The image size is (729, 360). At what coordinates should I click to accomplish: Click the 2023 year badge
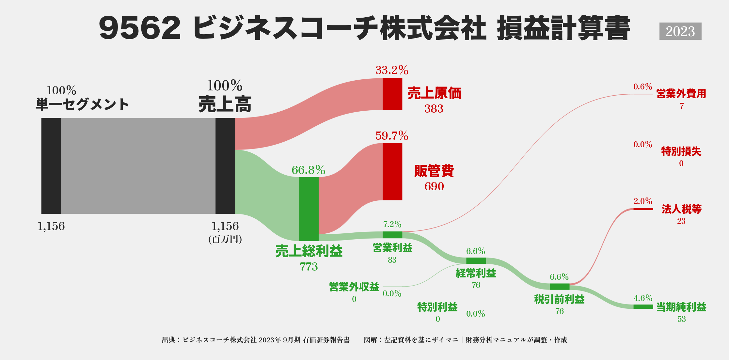[680, 31]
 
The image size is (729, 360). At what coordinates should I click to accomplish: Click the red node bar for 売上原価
[392, 94]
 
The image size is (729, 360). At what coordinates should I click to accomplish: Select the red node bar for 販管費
[392, 172]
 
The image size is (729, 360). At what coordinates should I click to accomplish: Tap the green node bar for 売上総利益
[309, 209]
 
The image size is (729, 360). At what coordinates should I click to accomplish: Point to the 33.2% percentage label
[392, 70]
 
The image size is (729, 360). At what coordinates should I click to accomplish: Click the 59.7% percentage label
[392, 136]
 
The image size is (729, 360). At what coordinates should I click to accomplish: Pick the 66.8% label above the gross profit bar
[308, 170]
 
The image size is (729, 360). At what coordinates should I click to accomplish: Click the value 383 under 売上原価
[434, 109]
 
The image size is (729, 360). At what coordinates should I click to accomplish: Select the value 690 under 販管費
[434, 186]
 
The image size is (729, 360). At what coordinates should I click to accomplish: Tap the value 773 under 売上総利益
[309, 267]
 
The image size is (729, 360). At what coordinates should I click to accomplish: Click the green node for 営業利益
[392, 235]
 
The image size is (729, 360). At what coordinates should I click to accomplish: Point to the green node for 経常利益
[476, 260]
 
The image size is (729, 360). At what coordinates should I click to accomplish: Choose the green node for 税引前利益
[559, 287]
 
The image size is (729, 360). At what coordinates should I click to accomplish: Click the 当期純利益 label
[681, 307]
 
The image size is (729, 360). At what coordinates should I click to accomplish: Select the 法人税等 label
[681, 209]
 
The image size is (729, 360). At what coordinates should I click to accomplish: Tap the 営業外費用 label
[681, 94]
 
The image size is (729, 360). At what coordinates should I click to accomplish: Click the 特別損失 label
[681, 151]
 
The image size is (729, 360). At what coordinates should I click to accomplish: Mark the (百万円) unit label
[225, 240]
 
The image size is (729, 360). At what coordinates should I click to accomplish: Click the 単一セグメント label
[82, 104]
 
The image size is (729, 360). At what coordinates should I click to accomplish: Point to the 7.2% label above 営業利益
[392, 224]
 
